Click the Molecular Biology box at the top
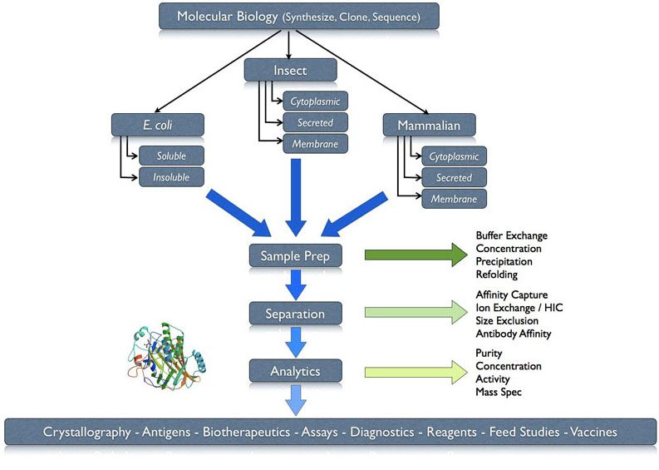[299, 17]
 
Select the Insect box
[290, 70]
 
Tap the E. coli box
[158, 125]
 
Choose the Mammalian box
[429, 125]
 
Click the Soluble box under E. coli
[171, 156]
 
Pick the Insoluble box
[171, 177]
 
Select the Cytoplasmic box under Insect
[315, 101]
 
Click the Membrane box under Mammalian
[455, 199]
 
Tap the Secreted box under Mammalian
[455, 177]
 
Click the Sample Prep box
[296, 255]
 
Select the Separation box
[296, 314]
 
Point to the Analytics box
[296, 371]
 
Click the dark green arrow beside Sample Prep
[416, 255]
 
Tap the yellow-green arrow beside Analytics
[416, 372]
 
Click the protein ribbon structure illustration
[167, 355]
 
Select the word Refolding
[496, 275]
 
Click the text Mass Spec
[499, 392]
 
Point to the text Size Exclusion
[507, 320]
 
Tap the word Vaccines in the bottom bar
[593, 432]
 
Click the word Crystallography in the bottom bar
[87, 432]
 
